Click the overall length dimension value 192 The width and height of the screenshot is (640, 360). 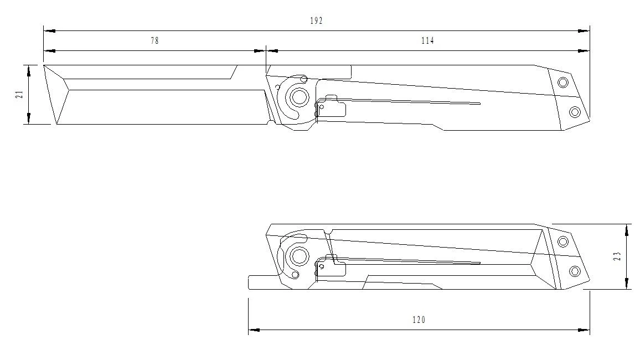click(x=316, y=20)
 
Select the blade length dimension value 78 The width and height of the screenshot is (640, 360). click(x=154, y=41)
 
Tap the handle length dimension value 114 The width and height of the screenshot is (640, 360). click(x=427, y=41)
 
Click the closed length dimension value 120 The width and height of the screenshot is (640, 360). click(x=419, y=320)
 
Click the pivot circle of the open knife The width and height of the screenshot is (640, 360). click(x=300, y=97)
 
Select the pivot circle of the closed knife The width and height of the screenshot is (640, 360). click(x=300, y=256)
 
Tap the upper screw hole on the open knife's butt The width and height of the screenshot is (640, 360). click(x=563, y=83)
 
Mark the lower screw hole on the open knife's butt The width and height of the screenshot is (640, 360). click(x=575, y=112)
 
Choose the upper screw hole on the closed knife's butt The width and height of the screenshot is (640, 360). click(x=563, y=241)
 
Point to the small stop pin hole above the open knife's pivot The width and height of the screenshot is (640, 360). click(x=303, y=79)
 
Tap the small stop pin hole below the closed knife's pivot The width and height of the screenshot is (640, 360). click(x=295, y=274)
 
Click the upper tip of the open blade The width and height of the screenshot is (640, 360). click(x=44, y=65)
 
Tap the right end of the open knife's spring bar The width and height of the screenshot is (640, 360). click(x=479, y=104)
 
